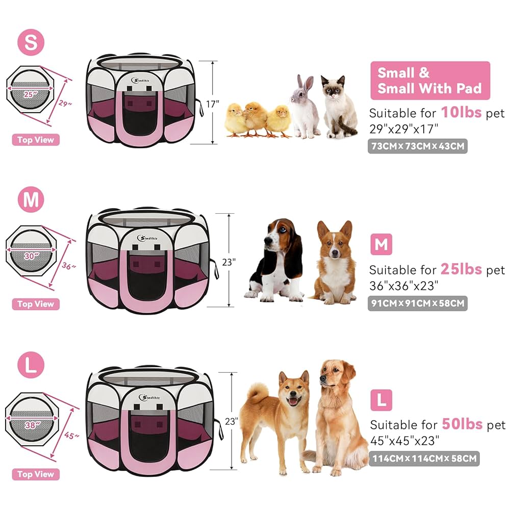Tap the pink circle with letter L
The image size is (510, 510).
31,365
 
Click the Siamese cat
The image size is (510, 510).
339,108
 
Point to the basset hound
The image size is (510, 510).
278,260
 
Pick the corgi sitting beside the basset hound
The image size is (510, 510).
335,263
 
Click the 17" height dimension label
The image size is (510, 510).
212,104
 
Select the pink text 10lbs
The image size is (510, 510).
461,112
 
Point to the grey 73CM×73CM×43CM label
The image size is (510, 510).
417,147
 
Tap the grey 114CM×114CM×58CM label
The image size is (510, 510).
423,458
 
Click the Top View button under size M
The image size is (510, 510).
36,304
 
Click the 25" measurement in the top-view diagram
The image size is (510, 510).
30,94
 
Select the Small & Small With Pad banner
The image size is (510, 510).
429,81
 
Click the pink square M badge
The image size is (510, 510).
381,245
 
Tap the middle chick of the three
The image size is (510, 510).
254,118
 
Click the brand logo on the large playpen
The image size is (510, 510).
148,397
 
